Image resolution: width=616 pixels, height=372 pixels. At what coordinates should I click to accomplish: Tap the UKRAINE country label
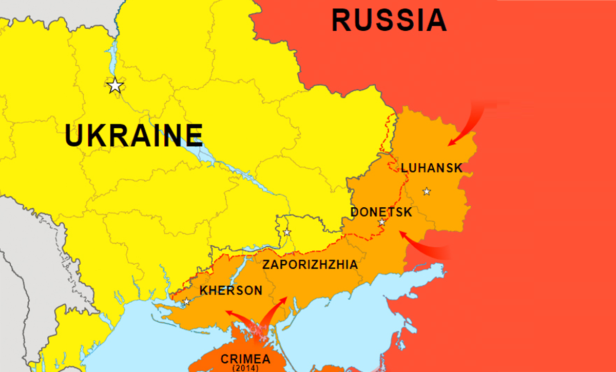pyautogui.click(x=134, y=136)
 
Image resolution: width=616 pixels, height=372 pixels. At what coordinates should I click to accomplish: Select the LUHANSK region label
pyautogui.click(x=431, y=168)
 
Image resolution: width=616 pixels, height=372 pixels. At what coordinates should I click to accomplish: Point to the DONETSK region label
pyautogui.click(x=381, y=212)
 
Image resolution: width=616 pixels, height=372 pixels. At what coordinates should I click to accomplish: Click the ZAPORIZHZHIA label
pyautogui.click(x=310, y=265)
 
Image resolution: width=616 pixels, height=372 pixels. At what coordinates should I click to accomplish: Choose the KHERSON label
pyautogui.click(x=230, y=290)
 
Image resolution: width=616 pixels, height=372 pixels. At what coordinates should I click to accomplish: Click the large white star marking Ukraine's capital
pyautogui.click(x=115, y=85)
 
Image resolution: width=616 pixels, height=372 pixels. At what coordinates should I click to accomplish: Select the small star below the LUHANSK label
pyautogui.click(x=427, y=191)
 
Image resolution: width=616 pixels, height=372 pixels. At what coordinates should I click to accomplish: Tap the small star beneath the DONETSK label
pyautogui.click(x=382, y=222)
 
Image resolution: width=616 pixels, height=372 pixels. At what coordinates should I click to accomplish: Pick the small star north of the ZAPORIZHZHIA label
pyautogui.click(x=287, y=232)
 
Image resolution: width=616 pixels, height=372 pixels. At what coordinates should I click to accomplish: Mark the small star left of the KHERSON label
pyautogui.click(x=186, y=301)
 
